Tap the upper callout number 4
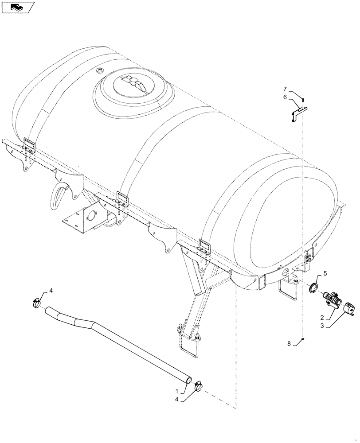tap(51, 290)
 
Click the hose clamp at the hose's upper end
tap(35, 303)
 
